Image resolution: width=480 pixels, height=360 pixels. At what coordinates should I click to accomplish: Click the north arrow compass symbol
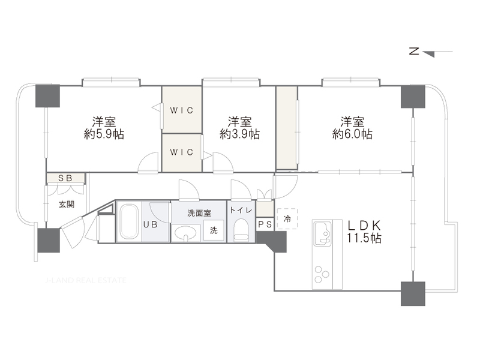(431, 52)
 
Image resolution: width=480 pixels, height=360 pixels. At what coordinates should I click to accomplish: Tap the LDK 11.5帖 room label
(364, 232)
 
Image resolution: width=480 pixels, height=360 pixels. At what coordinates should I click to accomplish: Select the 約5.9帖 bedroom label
(104, 128)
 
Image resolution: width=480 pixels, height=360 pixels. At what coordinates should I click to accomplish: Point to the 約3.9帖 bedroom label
(239, 128)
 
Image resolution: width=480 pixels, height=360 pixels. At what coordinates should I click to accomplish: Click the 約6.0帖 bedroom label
(352, 128)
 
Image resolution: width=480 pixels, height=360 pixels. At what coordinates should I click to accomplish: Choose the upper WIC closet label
(182, 110)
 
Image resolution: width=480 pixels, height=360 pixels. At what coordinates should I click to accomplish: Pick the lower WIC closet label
(182, 152)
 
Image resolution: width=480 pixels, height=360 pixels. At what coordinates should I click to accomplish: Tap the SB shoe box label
(65, 178)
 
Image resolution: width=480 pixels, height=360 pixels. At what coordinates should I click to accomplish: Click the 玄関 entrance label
(67, 204)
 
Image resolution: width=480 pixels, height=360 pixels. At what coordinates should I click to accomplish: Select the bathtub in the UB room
(128, 221)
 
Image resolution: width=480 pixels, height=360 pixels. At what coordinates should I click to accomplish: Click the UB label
(151, 224)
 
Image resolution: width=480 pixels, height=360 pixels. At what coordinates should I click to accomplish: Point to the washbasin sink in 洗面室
(186, 233)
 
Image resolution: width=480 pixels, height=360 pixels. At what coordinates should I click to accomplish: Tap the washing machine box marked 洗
(214, 230)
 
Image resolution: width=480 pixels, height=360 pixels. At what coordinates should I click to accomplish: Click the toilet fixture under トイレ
(241, 230)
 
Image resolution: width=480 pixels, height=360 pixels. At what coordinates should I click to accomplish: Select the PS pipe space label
(265, 224)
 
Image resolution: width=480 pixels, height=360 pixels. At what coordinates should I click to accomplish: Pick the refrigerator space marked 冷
(287, 219)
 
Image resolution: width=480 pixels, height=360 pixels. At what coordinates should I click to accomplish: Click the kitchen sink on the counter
(322, 234)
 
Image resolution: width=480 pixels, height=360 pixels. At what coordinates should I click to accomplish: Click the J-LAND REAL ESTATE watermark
(85, 280)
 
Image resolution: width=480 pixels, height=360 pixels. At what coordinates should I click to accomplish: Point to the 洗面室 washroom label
(199, 213)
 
